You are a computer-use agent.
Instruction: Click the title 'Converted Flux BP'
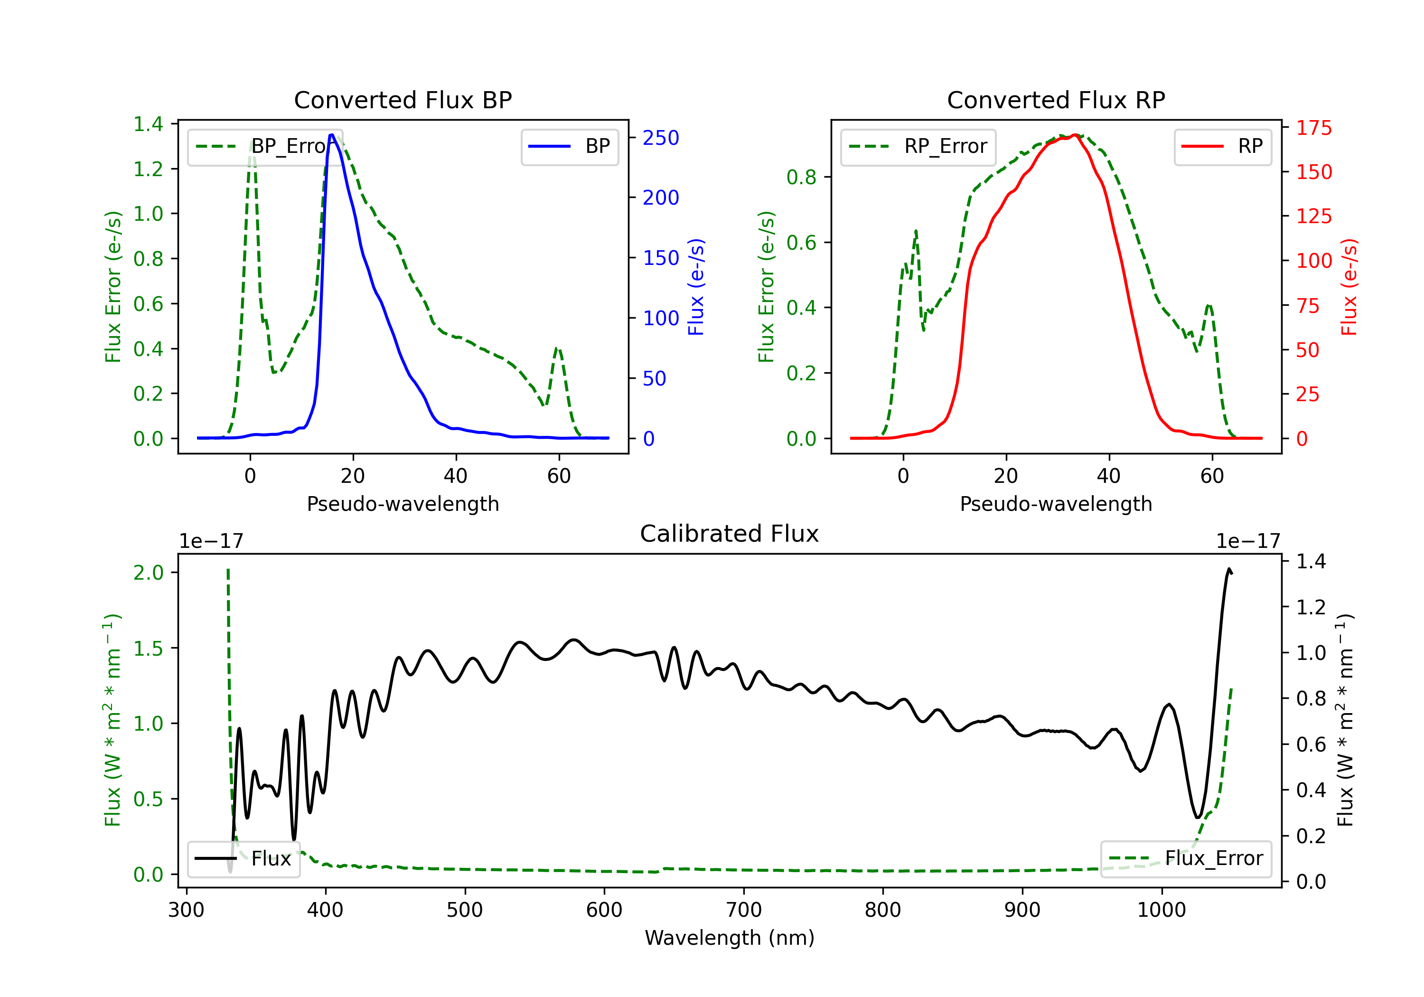tap(403, 100)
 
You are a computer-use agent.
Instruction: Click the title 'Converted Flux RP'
tap(1056, 100)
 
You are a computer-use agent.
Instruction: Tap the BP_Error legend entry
tap(265, 146)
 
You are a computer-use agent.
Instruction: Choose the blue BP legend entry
tap(569, 146)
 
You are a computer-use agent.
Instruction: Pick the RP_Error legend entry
tap(918, 146)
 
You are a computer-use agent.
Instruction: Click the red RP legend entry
tap(1222, 146)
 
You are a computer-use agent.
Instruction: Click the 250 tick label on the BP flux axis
tap(661, 138)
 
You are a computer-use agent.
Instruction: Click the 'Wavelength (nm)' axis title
tap(730, 938)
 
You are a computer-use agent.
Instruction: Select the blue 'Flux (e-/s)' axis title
tap(696, 287)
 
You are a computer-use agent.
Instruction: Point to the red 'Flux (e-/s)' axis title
tap(1349, 287)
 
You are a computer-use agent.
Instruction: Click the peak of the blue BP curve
tap(332, 135)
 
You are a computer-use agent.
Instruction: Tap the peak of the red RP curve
tap(1075, 135)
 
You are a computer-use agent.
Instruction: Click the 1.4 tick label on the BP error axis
tap(148, 124)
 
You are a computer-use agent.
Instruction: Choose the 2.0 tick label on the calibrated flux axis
tap(148, 573)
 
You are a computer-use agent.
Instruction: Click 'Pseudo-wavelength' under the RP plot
tap(1056, 504)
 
